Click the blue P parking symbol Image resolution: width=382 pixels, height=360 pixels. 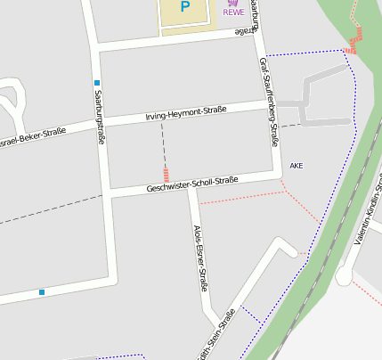tap(185, 7)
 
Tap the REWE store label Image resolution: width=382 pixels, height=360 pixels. tap(233, 12)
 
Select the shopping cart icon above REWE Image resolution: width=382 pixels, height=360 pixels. tap(233, 3)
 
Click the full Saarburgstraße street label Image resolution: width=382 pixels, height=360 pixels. tap(101, 117)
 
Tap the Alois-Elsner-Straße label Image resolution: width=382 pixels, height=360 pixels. tap(200, 258)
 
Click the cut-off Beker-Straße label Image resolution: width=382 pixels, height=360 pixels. tap(32, 137)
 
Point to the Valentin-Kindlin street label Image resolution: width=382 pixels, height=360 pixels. tap(373, 214)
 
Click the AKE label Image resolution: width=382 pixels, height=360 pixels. tap(297, 166)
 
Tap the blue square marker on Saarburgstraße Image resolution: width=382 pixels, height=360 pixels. tap(95, 83)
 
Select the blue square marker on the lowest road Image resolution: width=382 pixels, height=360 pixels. tap(41, 292)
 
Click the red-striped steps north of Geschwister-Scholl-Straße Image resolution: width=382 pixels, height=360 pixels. tap(166, 174)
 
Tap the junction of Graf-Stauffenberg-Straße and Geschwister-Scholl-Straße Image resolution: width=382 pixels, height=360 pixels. tap(279, 175)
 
